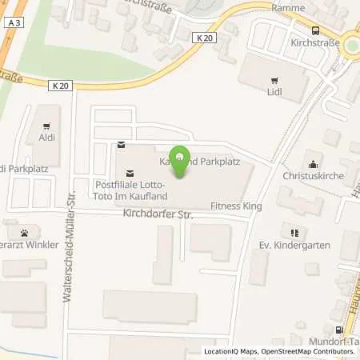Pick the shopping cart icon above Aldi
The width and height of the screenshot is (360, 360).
(x=46, y=126)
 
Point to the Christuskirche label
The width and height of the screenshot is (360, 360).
(x=311, y=174)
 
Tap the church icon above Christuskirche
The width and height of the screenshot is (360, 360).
(x=311, y=160)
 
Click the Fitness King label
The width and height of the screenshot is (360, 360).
(x=236, y=206)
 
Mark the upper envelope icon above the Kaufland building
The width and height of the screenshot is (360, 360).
(x=121, y=145)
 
